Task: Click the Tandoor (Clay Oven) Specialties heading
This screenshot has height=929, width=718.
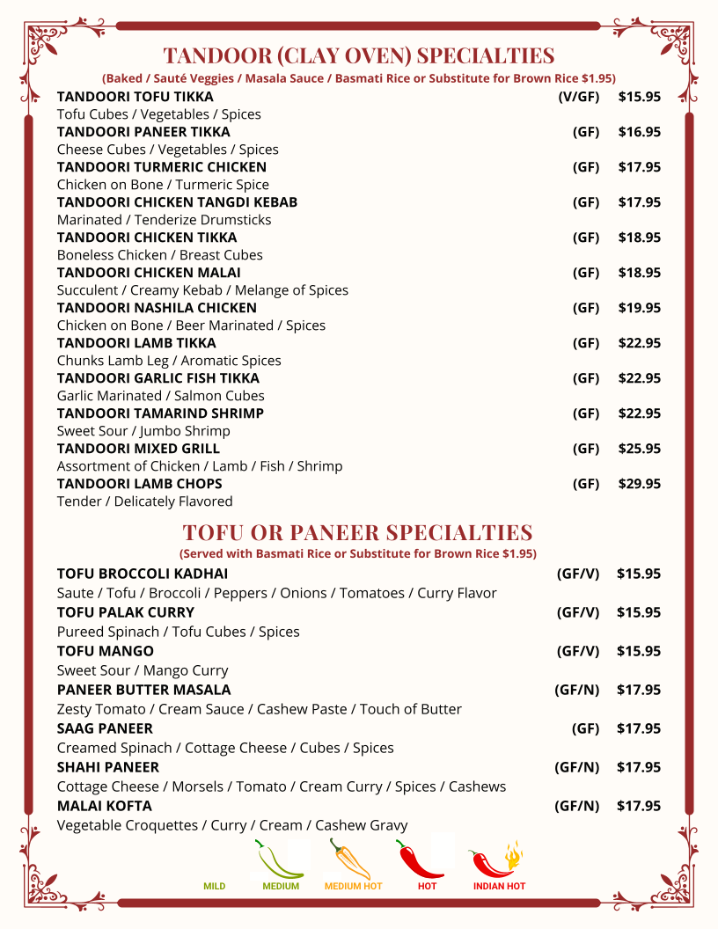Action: tap(358, 55)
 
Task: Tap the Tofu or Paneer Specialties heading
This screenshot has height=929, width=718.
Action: tap(357, 532)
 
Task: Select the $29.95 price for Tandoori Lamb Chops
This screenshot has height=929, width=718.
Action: tap(639, 484)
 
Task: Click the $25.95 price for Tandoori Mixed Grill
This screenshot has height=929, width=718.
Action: tap(639, 449)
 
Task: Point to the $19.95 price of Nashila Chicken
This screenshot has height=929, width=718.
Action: tap(639, 308)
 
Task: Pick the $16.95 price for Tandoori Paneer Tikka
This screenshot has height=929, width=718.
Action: tap(639, 132)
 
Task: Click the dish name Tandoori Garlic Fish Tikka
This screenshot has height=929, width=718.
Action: tap(158, 378)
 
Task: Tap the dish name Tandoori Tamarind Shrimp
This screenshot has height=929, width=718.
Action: tap(160, 413)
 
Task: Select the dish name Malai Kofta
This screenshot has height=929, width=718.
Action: tap(104, 806)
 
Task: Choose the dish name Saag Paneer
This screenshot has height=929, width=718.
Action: tap(105, 728)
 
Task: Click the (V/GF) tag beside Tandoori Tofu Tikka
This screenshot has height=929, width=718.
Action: tap(578, 97)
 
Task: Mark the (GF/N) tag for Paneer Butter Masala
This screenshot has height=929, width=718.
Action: tap(576, 690)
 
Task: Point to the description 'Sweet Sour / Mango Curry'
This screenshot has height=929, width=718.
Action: tap(143, 670)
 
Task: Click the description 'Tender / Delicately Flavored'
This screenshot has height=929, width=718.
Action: tap(144, 501)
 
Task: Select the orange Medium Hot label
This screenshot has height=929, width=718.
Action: tap(353, 886)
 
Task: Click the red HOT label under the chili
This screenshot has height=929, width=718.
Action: tap(427, 886)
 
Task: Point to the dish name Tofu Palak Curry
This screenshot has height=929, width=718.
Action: tap(126, 612)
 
